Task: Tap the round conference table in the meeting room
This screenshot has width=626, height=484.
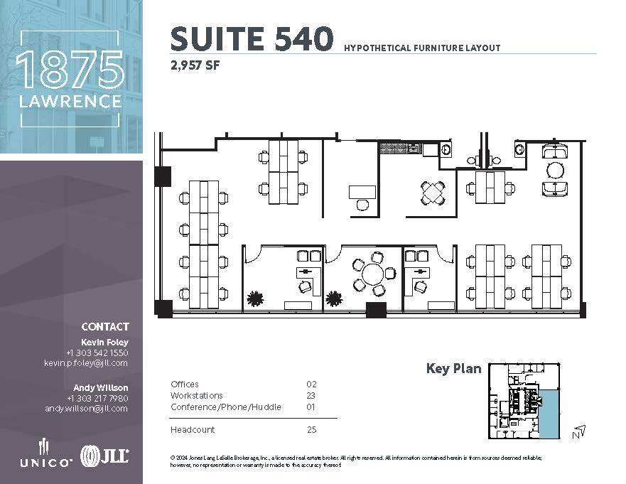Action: (371, 273)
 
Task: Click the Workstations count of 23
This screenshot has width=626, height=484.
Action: (311, 396)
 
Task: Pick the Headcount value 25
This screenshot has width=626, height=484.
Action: (311, 430)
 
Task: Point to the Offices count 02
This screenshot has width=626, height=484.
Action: (311, 384)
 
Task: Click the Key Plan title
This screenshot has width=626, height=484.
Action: (453, 369)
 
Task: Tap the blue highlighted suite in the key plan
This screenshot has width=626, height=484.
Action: (549, 412)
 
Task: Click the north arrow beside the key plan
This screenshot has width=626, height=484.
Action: (579, 431)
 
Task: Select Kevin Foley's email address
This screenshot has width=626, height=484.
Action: (85, 363)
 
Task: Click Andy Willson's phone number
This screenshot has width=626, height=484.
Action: (97, 398)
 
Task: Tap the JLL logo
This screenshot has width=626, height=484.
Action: (104, 456)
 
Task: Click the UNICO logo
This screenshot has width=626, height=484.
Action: (45, 455)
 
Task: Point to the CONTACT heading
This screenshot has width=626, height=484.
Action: (105, 327)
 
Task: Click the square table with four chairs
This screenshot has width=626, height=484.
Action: (433, 193)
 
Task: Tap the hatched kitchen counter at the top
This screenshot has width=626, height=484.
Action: (401, 149)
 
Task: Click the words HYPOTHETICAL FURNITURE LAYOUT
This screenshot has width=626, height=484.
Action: (422, 48)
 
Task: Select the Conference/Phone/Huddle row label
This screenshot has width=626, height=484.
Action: (226, 407)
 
